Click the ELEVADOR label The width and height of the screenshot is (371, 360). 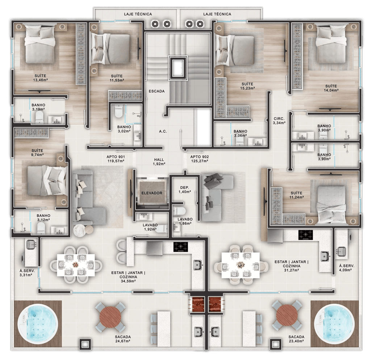[152, 193]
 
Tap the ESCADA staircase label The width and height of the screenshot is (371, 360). [157, 91]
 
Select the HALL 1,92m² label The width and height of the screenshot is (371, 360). [159, 162]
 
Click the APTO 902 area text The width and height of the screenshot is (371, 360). [200, 160]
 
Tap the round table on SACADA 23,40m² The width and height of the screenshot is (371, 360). [287, 315]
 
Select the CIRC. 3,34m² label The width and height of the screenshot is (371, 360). [279, 121]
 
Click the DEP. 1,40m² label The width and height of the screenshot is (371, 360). [185, 190]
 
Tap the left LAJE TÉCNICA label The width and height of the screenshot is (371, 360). [138, 14]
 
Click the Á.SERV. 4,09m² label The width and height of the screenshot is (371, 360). [346, 268]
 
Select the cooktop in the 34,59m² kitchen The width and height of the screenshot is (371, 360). [180, 247]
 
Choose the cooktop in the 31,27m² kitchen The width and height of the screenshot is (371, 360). [305, 235]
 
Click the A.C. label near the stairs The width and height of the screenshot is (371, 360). [163, 131]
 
